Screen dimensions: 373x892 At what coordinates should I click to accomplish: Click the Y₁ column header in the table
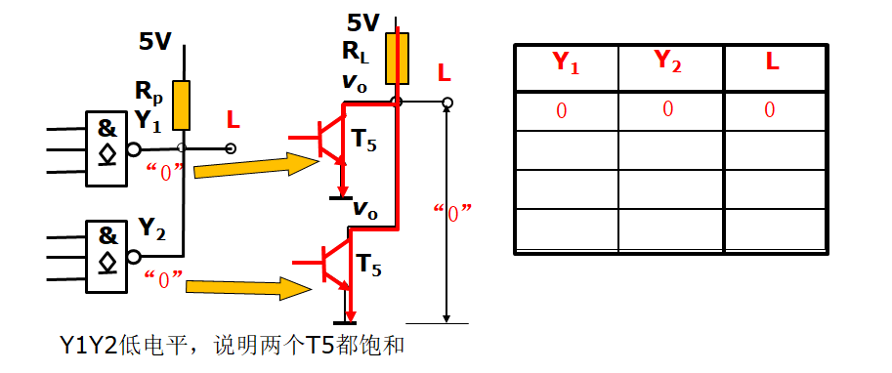tap(566, 64)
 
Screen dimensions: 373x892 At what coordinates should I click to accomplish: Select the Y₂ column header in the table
tap(668, 62)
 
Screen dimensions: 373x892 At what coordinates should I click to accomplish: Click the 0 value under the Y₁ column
tap(561, 110)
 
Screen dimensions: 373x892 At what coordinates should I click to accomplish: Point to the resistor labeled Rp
tap(181, 105)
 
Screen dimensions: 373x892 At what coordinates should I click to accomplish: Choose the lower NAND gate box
tap(106, 251)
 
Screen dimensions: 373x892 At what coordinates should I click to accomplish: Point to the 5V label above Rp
tap(155, 42)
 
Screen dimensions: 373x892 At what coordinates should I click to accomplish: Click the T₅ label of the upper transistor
tap(363, 143)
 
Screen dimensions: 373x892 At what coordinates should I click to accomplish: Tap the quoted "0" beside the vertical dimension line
tap(453, 212)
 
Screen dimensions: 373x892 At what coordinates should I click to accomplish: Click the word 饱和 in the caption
tap(386, 346)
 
